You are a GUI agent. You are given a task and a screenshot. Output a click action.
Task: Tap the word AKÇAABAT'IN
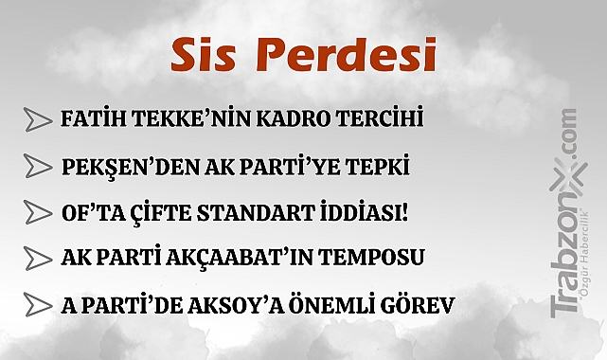tap(244, 259)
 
